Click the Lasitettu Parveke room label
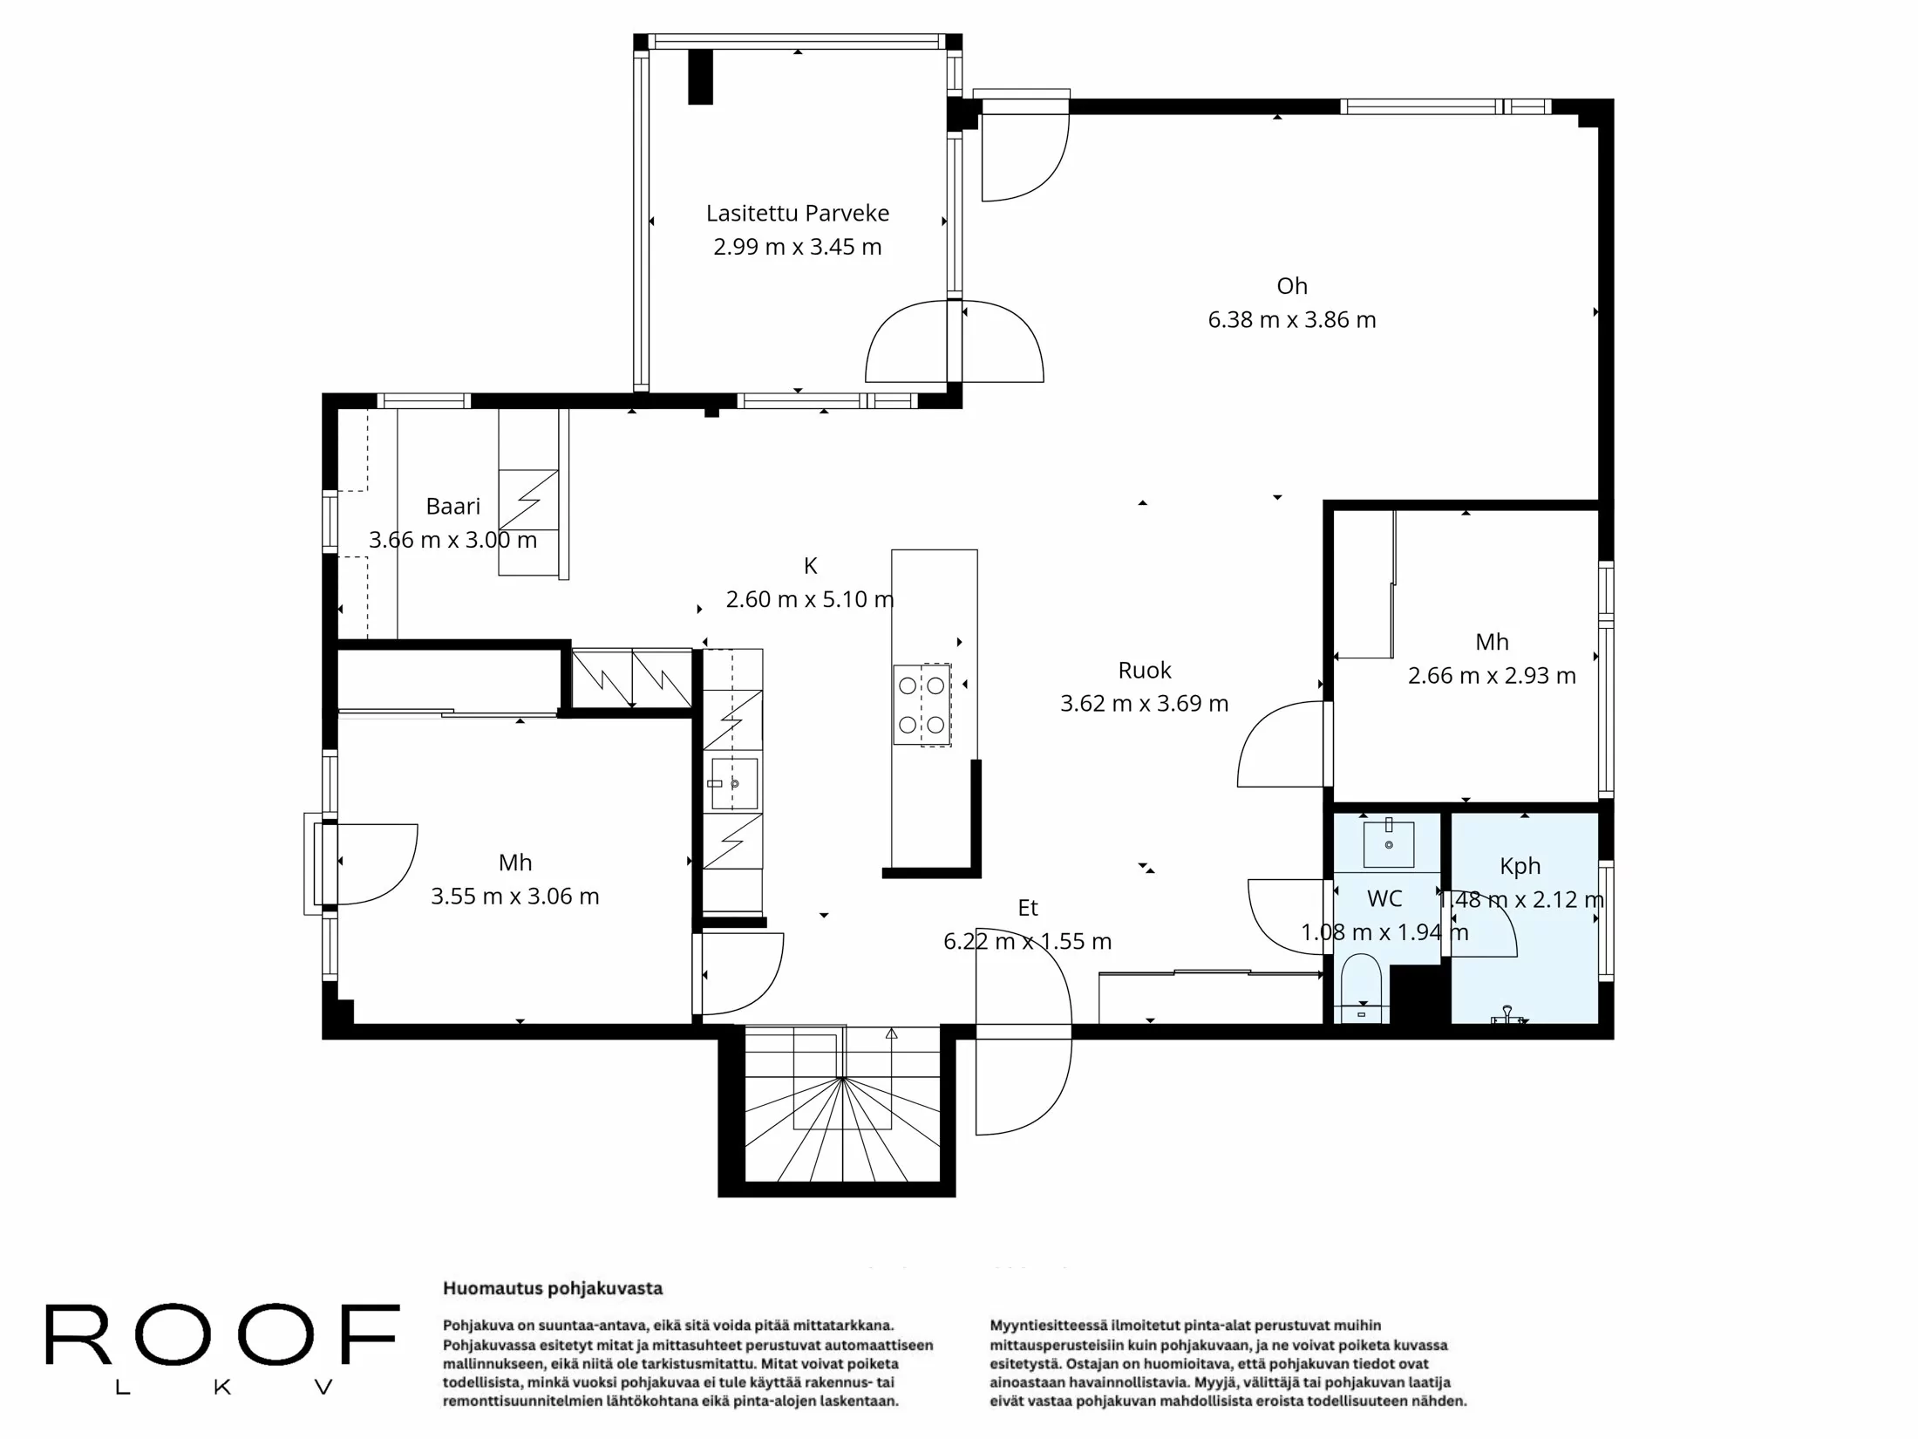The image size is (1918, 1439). tap(797, 213)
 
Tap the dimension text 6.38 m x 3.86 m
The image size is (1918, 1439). tap(1291, 320)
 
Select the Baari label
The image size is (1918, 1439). tap(452, 506)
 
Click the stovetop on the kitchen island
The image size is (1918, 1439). tap(922, 705)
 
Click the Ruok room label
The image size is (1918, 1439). tap(1144, 670)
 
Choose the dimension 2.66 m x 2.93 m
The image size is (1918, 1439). tap(1491, 676)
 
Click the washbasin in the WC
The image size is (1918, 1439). tap(1388, 843)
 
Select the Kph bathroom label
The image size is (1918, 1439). tap(1520, 866)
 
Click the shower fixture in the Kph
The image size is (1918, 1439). tap(1507, 1015)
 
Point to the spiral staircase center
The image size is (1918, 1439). tap(842, 1079)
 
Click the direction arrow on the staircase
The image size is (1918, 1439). tap(891, 1033)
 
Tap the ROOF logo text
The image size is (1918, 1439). tap(222, 1333)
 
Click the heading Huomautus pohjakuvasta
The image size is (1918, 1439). tap(553, 1288)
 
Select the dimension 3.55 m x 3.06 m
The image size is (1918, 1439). tap(514, 897)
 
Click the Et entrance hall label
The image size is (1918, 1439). tap(1027, 908)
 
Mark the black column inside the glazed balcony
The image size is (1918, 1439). tap(700, 77)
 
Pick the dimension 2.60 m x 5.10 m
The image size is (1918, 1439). tap(809, 600)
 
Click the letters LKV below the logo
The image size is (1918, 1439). tap(223, 1388)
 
